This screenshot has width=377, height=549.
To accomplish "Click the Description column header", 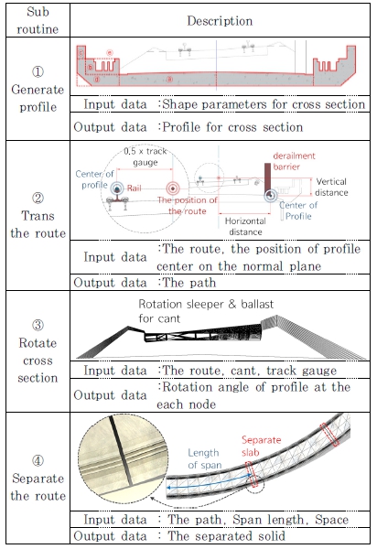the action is click(220, 21).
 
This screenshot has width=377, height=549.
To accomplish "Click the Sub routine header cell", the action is click(38, 20).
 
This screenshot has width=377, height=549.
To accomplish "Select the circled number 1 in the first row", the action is click(38, 71).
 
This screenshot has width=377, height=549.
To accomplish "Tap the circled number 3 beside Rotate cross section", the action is click(38, 325).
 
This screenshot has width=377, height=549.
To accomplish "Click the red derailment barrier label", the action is click(294, 161).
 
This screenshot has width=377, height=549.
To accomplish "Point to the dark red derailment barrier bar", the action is click(267, 178).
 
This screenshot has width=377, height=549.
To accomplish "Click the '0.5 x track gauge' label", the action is click(145, 156).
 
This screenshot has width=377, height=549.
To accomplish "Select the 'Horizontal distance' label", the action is click(245, 226).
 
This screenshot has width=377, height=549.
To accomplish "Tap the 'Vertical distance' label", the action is click(331, 187).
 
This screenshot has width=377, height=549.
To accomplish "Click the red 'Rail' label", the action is click(135, 188).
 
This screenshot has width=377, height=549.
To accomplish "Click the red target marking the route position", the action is click(172, 188).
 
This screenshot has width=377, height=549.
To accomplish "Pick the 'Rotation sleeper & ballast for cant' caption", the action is click(206, 311).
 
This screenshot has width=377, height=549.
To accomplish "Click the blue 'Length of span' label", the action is click(205, 458).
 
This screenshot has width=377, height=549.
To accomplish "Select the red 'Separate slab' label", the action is click(261, 446).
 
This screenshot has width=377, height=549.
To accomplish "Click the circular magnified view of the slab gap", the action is click(123, 455).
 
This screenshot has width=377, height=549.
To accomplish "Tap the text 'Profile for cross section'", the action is click(232, 127).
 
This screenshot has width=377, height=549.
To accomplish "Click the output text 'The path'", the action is click(189, 283).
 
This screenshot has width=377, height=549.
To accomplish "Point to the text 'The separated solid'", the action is click(227, 535).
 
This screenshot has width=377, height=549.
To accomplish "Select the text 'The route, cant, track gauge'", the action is click(250, 370).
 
